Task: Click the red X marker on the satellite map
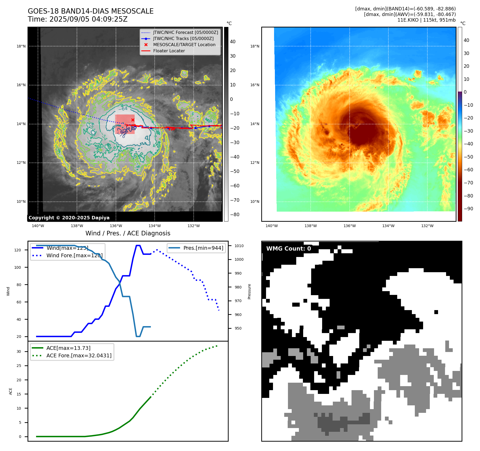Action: tap(133, 120)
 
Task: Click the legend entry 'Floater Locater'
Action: tap(169, 51)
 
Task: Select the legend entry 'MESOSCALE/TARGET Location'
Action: tap(184, 45)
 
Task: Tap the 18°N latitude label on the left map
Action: tap(21, 46)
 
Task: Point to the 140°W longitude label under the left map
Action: tap(38, 226)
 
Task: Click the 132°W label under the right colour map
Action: tap(427, 226)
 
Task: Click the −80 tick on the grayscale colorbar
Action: tap(235, 215)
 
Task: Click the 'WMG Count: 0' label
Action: tap(288, 249)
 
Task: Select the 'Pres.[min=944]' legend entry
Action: tap(203, 248)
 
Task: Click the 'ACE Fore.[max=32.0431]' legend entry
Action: tap(79, 355)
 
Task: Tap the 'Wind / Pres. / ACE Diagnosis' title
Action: tap(128, 233)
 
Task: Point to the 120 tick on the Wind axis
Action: tap(18, 250)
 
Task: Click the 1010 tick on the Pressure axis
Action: tap(239, 246)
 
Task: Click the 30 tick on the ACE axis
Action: tap(19, 351)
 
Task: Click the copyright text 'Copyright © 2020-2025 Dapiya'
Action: tap(69, 218)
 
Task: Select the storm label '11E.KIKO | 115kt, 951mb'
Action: tap(426, 20)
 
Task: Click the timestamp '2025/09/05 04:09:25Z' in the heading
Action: tap(88, 19)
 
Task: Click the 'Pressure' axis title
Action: tap(249, 291)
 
